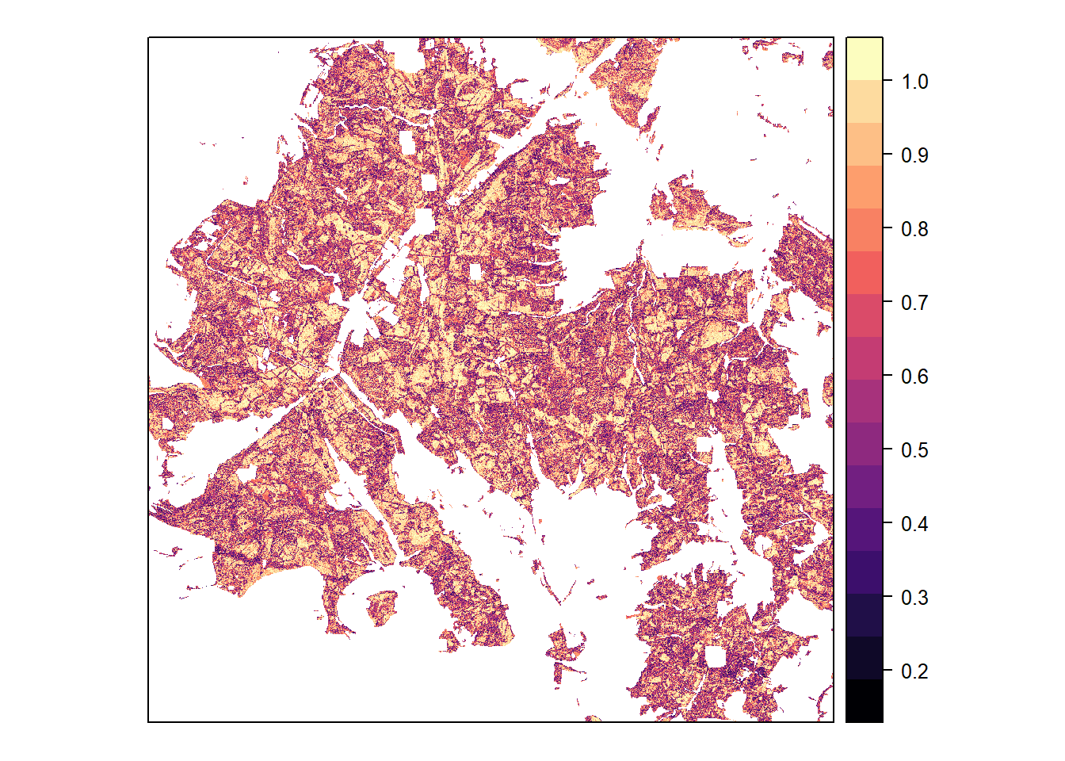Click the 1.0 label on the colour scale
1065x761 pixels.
(914, 82)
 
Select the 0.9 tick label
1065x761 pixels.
(914, 155)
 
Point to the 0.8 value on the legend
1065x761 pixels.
(914, 229)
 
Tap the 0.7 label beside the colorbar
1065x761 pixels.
(914, 303)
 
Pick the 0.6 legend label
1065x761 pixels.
(914, 377)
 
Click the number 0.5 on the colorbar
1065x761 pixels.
(914, 450)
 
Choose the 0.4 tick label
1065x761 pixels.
(914, 524)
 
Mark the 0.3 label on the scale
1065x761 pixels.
(914, 598)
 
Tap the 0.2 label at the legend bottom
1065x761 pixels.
(914, 671)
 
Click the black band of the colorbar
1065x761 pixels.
(864, 701)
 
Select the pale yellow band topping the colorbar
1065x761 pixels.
(864, 58)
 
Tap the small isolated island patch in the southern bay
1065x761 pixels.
(382, 607)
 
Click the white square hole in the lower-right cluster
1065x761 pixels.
(716, 657)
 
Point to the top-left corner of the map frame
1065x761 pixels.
(148, 37)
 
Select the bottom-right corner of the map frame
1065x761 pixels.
(834, 721)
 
